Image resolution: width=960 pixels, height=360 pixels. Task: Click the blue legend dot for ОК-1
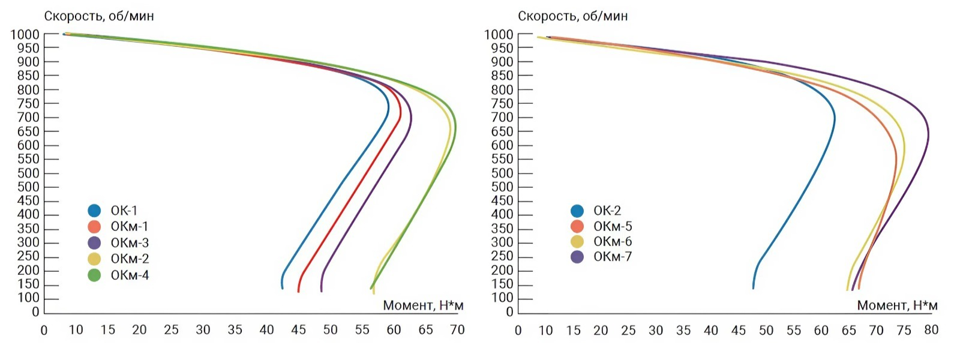pos(94,211)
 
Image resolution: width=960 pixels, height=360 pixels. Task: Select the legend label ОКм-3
pos(130,243)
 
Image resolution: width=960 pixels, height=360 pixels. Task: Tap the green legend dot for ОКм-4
pos(94,275)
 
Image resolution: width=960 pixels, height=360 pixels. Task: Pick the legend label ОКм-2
pos(130,259)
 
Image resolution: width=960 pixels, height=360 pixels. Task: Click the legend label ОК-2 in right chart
pos(607,211)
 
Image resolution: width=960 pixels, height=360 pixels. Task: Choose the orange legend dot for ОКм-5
pos(577,226)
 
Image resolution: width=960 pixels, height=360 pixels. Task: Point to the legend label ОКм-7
pos(613,257)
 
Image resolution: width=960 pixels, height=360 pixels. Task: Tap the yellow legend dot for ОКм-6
pos(577,242)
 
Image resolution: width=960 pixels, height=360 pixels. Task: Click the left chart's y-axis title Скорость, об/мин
pos(99,16)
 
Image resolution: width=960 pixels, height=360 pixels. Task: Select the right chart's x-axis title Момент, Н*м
pos(897,305)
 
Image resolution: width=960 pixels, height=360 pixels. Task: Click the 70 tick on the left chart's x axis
pos(457,330)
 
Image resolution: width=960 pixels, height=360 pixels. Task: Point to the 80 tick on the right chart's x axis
pos(931,330)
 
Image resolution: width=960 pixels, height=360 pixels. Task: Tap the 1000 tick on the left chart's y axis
pos(25,34)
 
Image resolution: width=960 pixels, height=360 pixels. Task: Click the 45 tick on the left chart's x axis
pos(298,330)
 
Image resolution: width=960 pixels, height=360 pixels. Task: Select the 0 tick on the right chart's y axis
pos(510,312)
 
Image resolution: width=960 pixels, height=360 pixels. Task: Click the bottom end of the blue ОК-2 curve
pos(754,288)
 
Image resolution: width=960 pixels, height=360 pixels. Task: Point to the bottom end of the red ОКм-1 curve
pos(298,291)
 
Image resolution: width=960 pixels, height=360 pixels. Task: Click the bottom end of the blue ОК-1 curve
pos(282,288)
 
